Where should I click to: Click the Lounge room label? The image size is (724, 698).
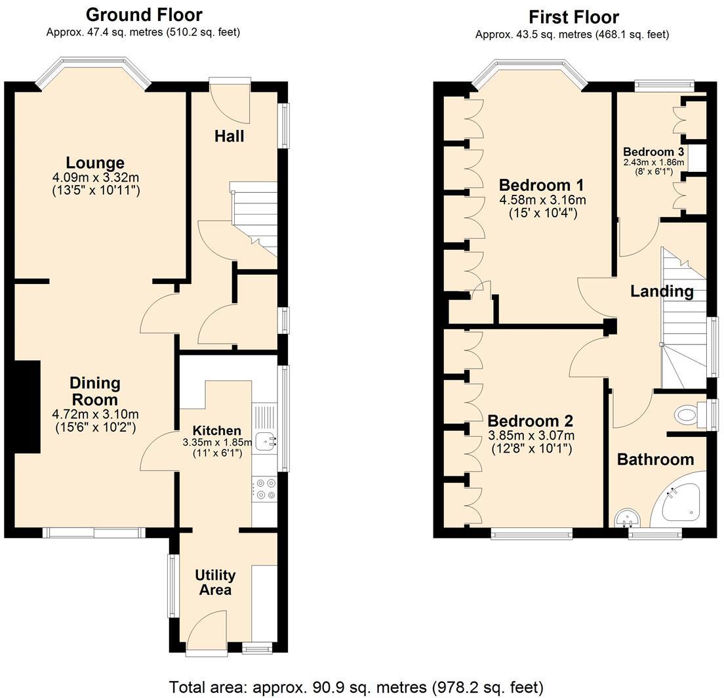pyautogui.click(x=95, y=163)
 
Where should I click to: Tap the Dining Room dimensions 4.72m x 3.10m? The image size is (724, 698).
pyautogui.click(x=95, y=415)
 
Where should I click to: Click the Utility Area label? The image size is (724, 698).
pyautogui.click(x=215, y=583)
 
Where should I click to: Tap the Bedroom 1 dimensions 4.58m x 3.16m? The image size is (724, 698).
pyautogui.click(x=542, y=199)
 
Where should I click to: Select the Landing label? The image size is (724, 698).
pyautogui.click(x=662, y=291)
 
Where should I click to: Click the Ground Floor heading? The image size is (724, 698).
pyautogui.click(x=144, y=14)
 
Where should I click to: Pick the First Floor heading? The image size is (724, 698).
pyautogui.click(x=573, y=17)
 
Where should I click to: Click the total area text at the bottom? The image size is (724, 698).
pyautogui.click(x=356, y=687)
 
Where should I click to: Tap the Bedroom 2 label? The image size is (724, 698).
pyautogui.click(x=531, y=421)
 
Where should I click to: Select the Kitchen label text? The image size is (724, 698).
pyautogui.click(x=216, y=431)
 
